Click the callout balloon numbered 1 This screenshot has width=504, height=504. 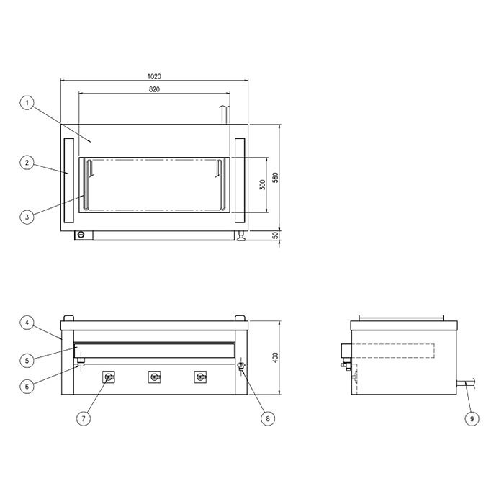coord(27,103)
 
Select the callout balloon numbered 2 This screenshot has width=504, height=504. coord(27,163)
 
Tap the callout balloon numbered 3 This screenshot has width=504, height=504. coord(27,217)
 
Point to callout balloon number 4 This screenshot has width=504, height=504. coord(27,323)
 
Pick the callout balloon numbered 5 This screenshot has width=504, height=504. coord(27,360)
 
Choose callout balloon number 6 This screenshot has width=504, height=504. coord(27,387)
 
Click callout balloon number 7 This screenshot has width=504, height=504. coord(84,418)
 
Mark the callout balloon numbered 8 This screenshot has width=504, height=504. coord(268,418)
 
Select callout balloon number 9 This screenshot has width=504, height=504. coord(472,418)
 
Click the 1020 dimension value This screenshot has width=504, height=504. coord(154,76)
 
